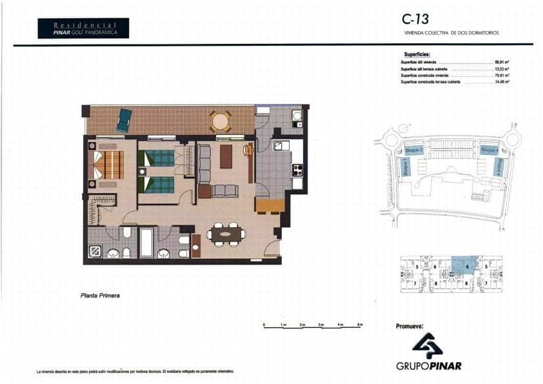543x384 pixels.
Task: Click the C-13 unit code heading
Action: (415, 19)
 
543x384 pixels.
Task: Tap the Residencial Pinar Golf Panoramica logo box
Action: (83, 28)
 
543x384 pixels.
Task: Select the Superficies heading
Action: (417, 55)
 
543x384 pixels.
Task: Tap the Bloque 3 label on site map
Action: (488, 150)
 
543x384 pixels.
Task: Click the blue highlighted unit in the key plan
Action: (463, 265)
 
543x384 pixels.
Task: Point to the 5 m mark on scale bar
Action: (360, 324)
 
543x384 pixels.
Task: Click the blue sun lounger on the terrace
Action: (124, 120)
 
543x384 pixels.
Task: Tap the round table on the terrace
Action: (220, 120)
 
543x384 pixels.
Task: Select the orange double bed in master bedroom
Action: (108, 165)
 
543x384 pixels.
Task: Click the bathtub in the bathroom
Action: (147, 242)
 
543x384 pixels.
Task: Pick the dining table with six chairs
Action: (226, 235)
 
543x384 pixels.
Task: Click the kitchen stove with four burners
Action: (297, 170)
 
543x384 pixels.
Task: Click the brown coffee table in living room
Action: (225, 156)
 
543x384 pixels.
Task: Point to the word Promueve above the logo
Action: (409, 327)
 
